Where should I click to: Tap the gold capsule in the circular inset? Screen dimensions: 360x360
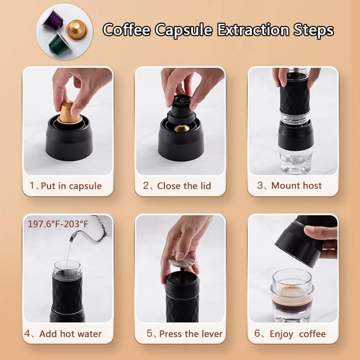click(x=77, y=30)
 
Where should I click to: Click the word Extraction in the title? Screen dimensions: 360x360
click(x=253, y=30)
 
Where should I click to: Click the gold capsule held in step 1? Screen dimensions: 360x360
click(x=68, y=112)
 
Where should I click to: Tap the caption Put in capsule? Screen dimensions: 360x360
click(x=71, y=186)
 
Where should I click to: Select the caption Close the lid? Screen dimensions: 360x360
click(x=184, y=186)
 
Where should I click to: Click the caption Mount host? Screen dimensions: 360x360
click(x=296, y=185)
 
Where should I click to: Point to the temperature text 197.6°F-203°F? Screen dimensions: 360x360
click(x=58, y=224)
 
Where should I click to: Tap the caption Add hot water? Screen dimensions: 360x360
click(x=70, y=334)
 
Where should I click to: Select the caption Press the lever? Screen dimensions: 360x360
click(x=191, y=334)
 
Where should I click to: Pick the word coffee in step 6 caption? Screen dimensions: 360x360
click(x=312, y=334)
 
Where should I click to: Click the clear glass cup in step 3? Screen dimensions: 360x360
click(x=296, y=161)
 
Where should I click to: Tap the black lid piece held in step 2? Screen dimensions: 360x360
click(x=181, y=110)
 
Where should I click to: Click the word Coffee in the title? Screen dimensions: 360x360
click(x=126, y=30)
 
